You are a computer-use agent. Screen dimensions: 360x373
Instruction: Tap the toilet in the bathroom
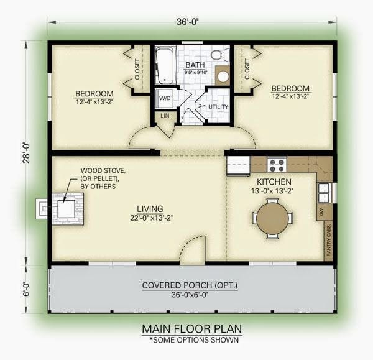tap(218, 56)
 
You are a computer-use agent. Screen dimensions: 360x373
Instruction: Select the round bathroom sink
tap(223, 76)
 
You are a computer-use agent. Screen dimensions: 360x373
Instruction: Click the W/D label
tap(165, 97)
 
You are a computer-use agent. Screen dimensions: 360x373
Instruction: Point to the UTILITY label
tap(218, 106)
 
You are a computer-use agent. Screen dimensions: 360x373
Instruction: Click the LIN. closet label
tap(164, 116)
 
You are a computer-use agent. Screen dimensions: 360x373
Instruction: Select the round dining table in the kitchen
tap(272, 218)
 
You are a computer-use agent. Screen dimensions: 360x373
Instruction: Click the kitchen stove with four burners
tap(276, 165)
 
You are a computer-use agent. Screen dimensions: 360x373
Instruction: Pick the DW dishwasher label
tap(321, 213)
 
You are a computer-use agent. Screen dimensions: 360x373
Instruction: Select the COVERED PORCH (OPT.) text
tap(190, 285)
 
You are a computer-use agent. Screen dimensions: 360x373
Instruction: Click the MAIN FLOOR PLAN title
tap(191, 328)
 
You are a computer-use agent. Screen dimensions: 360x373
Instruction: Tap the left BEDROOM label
tap(94, 94)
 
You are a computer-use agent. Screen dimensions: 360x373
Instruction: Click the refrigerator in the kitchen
tap(238, 165)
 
